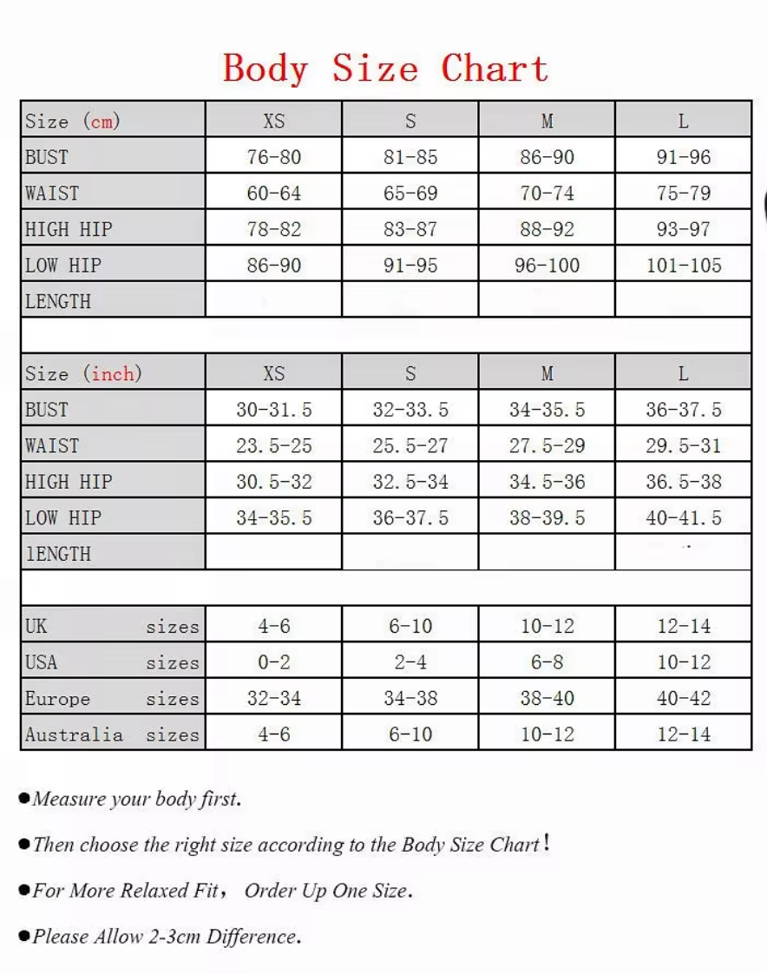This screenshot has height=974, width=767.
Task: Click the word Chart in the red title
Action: [x=495, y=69]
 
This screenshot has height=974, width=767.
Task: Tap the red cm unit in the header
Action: [x=102, y=121]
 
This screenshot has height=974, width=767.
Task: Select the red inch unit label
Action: [x=113, y=374]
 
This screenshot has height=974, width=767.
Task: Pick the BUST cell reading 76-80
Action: [x=273, y=157]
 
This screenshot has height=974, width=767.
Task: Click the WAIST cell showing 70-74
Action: [x=547, y=194]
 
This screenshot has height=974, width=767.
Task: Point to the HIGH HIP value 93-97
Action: [x=683, y=230]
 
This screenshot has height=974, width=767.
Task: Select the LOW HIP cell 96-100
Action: [x=547, y=266]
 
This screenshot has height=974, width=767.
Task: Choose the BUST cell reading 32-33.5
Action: [x=410, y=410]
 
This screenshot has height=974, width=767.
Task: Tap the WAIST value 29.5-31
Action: [x=683, y=446]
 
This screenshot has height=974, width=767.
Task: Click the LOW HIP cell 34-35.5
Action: [x=273, y=518]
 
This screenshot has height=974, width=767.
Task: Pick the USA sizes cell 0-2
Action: [x=273, y=662]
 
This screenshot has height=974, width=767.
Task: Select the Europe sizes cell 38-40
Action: [x=547, y=699]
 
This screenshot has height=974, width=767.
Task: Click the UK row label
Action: [x=36, y=626]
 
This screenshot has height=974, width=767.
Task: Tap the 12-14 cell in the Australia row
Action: [x=683, y=734]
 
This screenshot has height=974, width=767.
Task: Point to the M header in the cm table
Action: [x=547, y=121]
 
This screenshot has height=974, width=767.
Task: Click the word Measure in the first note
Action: [x=69, y=799]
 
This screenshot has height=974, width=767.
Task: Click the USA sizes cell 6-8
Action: [x=547, y=662]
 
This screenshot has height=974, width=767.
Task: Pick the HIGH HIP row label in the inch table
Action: [x=69, y=482]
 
